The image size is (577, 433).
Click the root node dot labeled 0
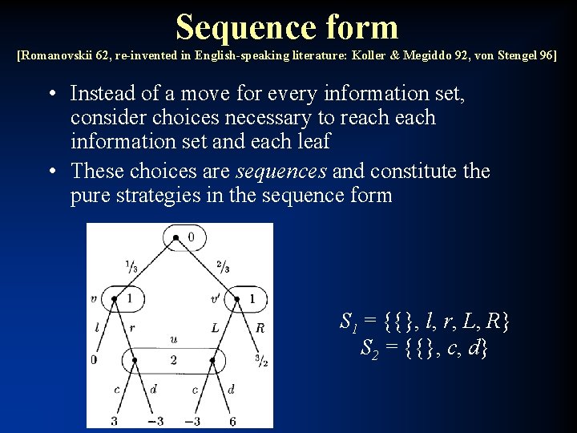(x=176, y=237)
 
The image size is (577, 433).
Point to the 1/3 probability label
(x=130, y=267)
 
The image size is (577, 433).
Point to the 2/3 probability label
(x=223, y=267)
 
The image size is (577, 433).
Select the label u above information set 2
(x=174, y=339)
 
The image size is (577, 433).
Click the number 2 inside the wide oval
(x=173, y=361)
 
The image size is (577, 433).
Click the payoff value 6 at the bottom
(x=232, y=421)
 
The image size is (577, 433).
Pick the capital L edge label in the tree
(x=216, y=327)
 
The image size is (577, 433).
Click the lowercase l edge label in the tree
(x=96, y=327)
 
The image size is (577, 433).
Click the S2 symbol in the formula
(x=369, y=348)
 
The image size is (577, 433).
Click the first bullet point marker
(x=50, y=94)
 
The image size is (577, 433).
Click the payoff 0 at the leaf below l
(x=93, y=360)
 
